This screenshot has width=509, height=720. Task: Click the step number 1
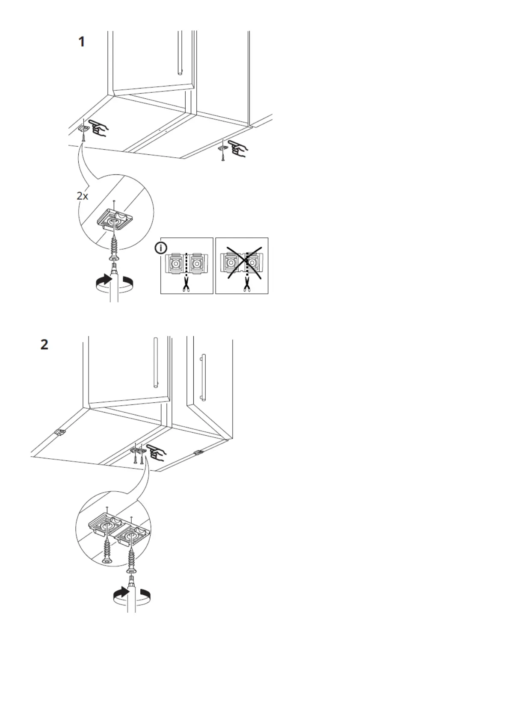tap(81, 42)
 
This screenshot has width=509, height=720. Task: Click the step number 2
tap(44, 345)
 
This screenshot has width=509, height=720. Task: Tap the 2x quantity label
tap(82, 196)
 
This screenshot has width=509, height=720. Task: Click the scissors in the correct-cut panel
tap(186, 284)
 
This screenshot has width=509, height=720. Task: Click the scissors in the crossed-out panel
tap(246, 284)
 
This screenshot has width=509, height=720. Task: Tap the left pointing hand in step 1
tap(98, 128)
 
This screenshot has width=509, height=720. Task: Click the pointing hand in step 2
tap(157, 453)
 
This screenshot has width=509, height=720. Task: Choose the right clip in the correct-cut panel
tap(197, 264)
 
